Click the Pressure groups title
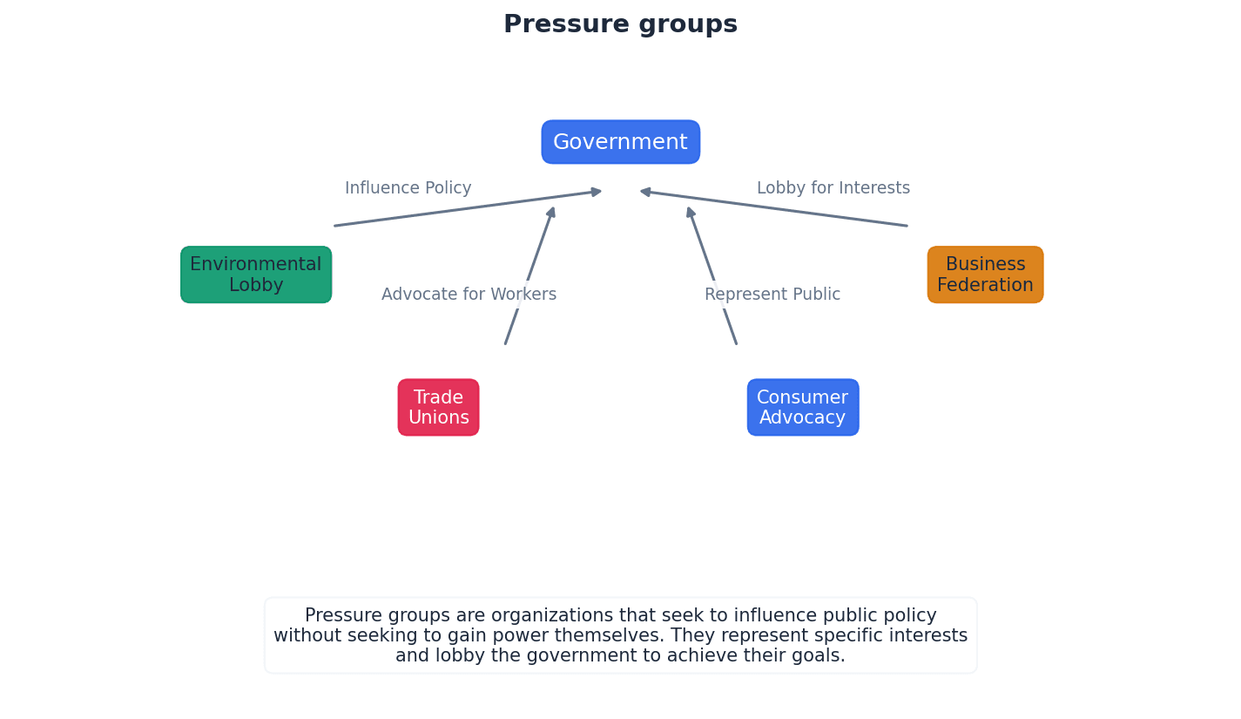tap(620, 24)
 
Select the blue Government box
tap(620, 142)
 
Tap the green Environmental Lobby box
tap(256, 275)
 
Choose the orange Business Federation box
tap(985, 275)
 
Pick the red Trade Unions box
tap(438, 407)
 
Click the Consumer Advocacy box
tap(802, 407)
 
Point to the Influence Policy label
tap(408, 188)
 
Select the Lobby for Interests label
tap(833, 188)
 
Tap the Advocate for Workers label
tap(469, 295)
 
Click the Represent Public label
tap(772, 295)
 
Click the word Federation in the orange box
tap(985, 286)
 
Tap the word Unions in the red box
tap(438, 418)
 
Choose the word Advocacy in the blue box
tap(802, 418)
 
